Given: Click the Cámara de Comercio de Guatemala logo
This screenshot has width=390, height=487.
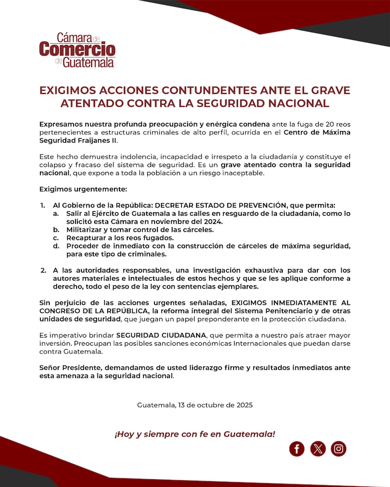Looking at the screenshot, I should coord(77,50).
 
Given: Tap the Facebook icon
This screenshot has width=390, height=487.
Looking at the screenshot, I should coord(296,448).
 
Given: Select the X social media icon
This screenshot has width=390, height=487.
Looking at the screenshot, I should coord(318,448).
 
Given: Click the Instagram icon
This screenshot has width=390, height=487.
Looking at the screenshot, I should coord(338,448).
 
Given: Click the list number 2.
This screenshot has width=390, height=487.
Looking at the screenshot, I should coord(43,270).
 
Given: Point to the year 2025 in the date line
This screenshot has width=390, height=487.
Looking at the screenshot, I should coord(244,405).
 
